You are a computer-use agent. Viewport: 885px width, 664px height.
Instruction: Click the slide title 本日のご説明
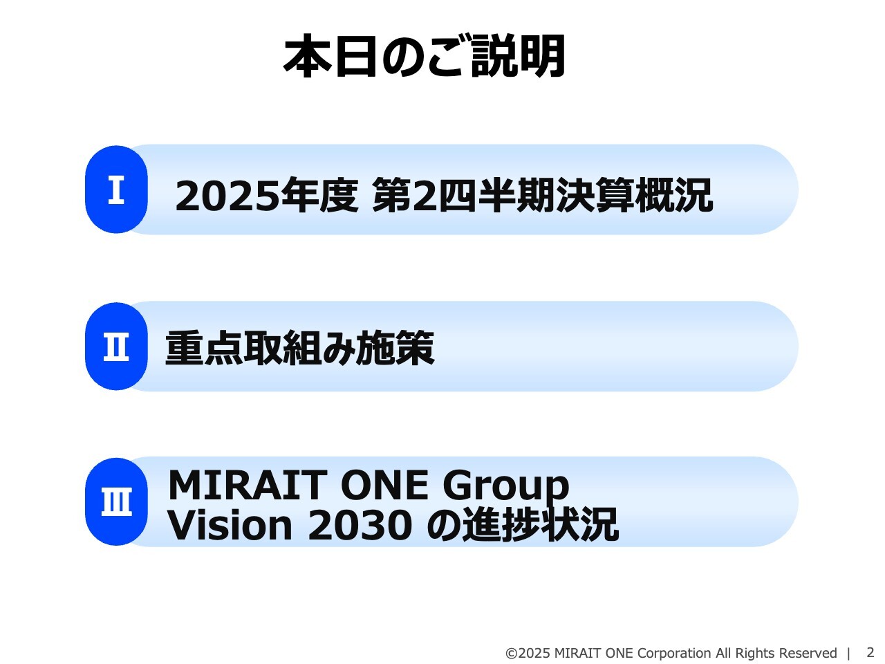[x=425, y=57]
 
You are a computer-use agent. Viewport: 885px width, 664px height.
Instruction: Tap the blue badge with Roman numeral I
[x=116, y=190]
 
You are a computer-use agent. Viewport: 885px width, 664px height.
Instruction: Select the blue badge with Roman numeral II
[x=116, y=347]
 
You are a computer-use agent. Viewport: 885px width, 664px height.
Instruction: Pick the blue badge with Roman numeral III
[x=116, y=502]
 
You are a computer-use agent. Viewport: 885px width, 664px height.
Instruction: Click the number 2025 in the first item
[x=227, y=196]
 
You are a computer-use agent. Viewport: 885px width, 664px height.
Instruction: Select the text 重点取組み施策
[x=300, y=348]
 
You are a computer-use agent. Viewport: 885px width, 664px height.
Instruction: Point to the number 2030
[x=360, y=526]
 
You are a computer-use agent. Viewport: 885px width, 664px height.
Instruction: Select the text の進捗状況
[x=522, y=526]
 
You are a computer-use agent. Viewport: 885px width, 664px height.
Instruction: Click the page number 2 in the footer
[x=870, y=652]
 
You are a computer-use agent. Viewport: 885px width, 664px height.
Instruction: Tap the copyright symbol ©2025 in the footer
[x=528, y=654]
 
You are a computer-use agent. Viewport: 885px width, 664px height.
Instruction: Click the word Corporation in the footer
[x=674, y=654]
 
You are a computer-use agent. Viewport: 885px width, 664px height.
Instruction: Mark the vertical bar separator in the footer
[x=849, y=654]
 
